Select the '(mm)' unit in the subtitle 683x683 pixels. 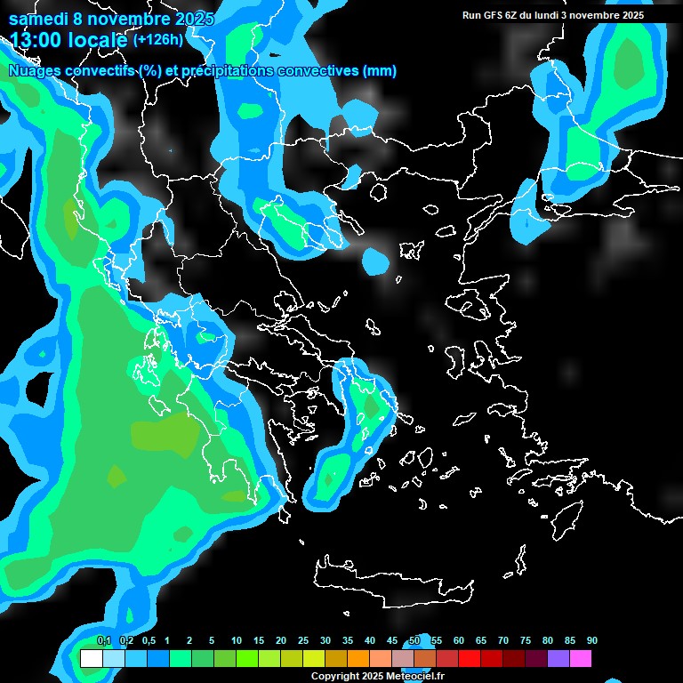[x=381, y=71]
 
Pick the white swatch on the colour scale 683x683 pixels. [x=91, y=659]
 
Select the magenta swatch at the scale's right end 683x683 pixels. [x=581, y=659]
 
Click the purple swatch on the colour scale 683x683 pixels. [x=558, y=659]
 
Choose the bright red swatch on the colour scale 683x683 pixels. [x=470, y=659]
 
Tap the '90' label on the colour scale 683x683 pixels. [x=592, y=641]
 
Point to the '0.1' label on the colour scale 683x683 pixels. [x=103, y=641]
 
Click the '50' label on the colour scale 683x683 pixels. [x=414, y=641]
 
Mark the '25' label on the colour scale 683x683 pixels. [x=303, y=641]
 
